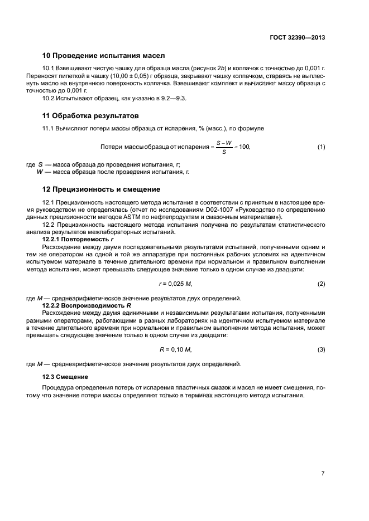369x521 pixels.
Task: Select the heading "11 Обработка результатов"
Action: (x=91, y=116)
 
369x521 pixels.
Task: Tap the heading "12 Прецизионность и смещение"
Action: (x=102, y=189)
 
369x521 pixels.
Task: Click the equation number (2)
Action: (x=321, y=284)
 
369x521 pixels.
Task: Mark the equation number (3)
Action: (x=321, y=349)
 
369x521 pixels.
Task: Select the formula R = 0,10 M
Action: (x=176, y=349)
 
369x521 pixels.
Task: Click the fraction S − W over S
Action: (x=224, y=147)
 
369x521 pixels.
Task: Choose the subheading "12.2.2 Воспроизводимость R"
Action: (x=87, y=305)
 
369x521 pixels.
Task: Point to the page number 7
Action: (x=323, y=473)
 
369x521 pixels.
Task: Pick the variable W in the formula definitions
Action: (x=40, y=172)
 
